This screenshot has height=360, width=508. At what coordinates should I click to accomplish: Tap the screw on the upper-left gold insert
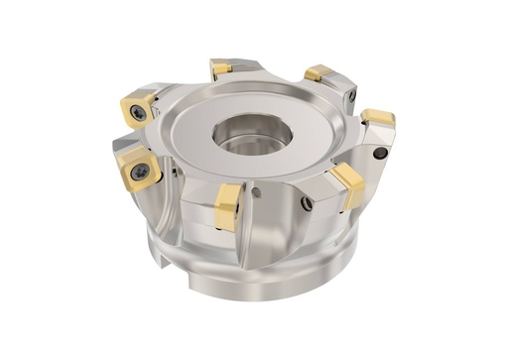[138, 113]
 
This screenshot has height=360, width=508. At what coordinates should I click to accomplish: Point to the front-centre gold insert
[227, 205]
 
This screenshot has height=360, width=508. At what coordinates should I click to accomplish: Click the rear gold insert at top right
[317, 72]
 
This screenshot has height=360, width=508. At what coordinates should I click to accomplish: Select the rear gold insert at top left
[221, 68]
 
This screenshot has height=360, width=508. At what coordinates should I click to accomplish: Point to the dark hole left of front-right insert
[307, 204]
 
